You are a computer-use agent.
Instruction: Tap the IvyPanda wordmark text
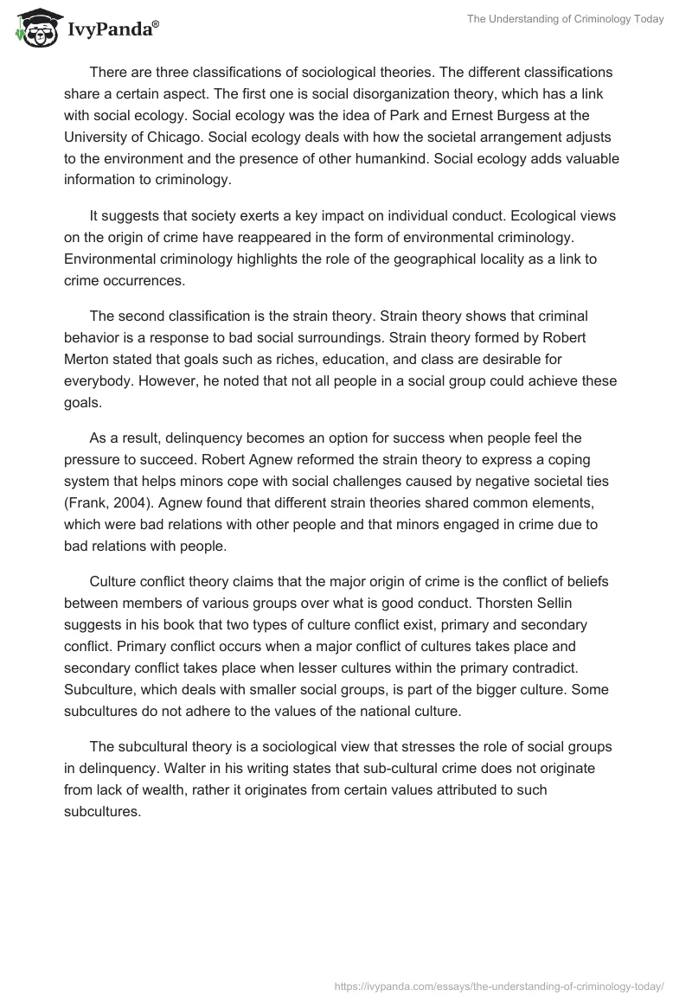click(x=110, y=29)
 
